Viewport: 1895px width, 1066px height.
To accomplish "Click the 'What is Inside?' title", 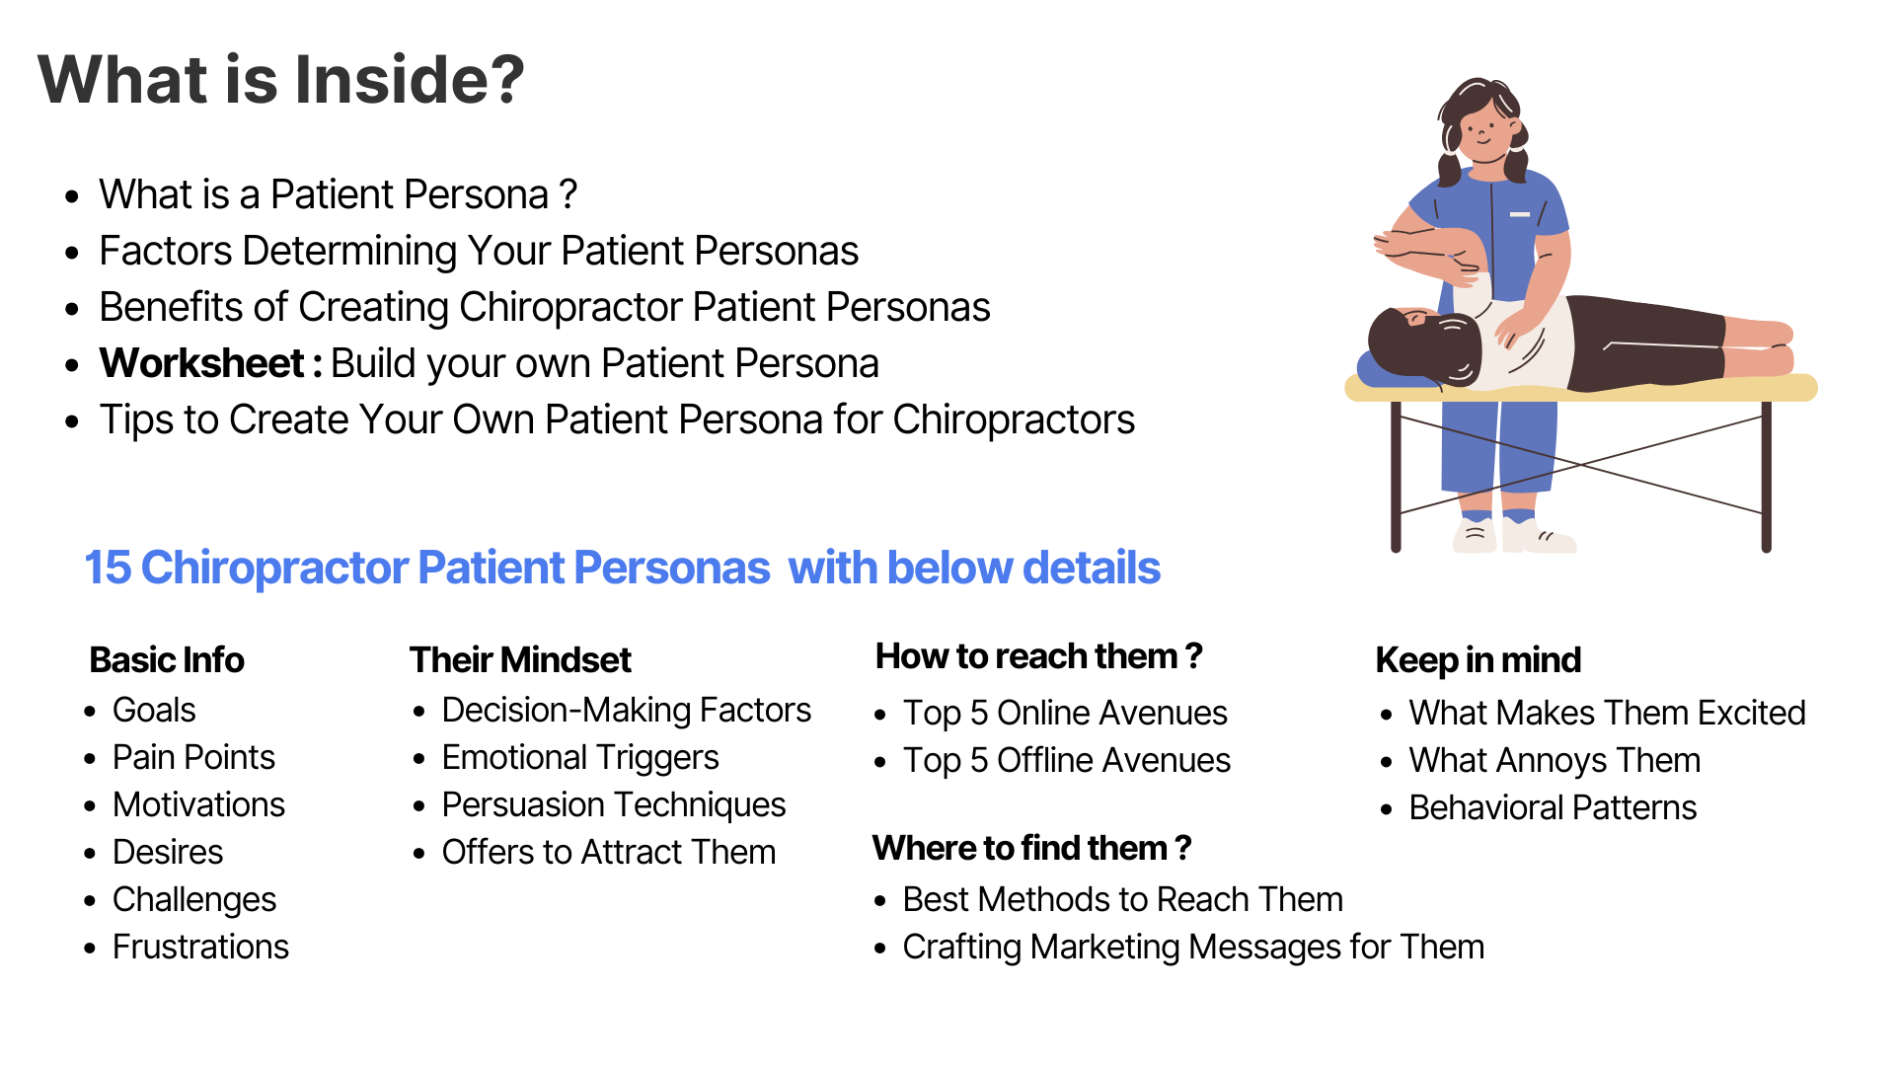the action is (281, 79).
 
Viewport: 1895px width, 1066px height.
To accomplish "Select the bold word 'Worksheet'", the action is (201, 363).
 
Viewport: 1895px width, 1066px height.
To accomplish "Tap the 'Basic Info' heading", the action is (167, 659).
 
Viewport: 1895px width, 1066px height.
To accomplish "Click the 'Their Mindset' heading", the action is (520, 659).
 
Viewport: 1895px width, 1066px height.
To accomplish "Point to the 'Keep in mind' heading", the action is (1478, 659).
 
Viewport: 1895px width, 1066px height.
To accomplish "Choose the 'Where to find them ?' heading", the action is (1031, 848).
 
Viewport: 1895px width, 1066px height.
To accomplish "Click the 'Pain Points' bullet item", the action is (193, 757).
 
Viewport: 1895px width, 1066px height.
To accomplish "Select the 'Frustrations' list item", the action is (200, 947).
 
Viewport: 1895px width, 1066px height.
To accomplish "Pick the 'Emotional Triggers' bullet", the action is (580, 757).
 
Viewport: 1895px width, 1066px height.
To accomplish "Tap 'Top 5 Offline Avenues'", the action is (1066, 760).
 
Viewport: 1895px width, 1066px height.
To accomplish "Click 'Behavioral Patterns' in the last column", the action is (1553, 807).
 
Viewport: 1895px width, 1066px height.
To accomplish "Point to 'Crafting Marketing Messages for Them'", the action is (1193, 947).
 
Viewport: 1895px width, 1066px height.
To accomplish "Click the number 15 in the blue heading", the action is (108, 568).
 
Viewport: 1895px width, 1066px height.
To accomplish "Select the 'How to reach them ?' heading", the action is (1038, 655).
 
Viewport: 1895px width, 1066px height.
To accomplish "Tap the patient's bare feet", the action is (1767, 346).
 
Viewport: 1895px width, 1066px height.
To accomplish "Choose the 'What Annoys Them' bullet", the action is (1554, 760).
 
